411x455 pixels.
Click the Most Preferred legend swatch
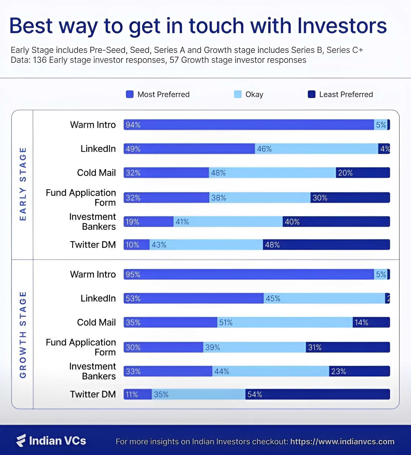click(129, 94)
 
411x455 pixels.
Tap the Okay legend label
click(254, 94)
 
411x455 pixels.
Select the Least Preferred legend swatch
click(311, 94)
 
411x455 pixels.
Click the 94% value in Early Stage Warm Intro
click(133, 125)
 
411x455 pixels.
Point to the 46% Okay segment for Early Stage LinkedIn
click(316, 149)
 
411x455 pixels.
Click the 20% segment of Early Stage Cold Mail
click(363, 173)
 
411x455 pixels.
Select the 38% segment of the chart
click(260, 198)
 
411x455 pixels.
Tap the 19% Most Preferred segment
click(148, 222)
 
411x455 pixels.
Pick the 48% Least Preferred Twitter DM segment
click(326, 245)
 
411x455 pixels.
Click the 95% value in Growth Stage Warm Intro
click(133, 275)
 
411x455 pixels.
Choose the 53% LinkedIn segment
click(193, 298)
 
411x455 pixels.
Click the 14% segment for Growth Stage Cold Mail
click(371, 322)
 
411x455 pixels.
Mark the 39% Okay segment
click(254, 347)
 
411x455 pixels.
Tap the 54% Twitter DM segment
click(317, 394)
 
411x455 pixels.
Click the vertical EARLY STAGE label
click(23, 184)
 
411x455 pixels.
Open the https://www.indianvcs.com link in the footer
click(342, 441)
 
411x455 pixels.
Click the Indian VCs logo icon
click(21, 440)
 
